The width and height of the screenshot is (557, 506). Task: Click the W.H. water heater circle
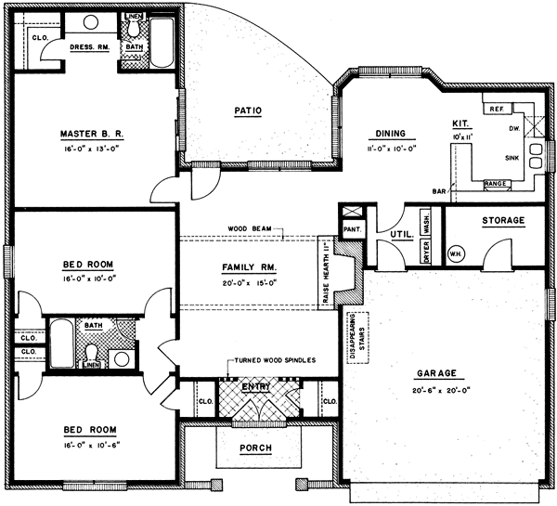pyautogui.click(x=456, y=253)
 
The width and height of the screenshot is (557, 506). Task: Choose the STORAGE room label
pyautogui.click(x=503, y=221)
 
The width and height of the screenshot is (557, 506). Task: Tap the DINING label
pyautogui.click(x=387, y=133)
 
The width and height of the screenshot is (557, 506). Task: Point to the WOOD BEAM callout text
pyautogui.click(x=249, y=228)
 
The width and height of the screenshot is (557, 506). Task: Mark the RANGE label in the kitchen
pyautogui.click(x=496, y=184)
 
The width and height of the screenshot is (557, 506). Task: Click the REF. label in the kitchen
pyautogui.click(x=495, y=109)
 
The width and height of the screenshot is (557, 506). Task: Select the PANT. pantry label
pyautogui.click(x=351, y=228)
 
